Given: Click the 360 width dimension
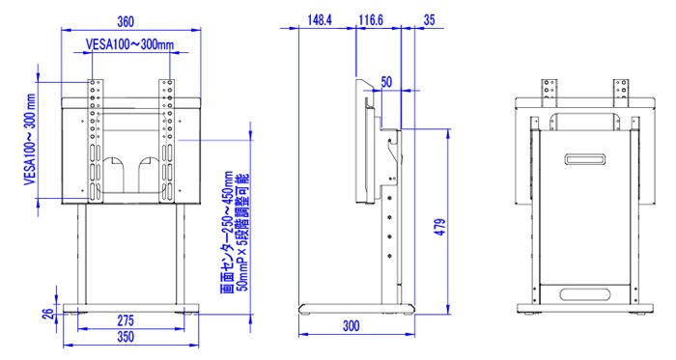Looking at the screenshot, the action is (x=126, y=21).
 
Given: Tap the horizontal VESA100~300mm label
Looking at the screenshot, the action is (x=129, y=44).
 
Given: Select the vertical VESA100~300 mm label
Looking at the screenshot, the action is (x=30, y=140).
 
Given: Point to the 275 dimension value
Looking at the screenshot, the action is (x=126, y=320).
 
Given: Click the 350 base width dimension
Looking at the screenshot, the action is (x=126, y=337).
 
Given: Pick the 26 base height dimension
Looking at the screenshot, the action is (x=50, y=313).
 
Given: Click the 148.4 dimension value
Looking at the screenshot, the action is (x=320, y=20).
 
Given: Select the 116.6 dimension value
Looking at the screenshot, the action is (x=371, y=20).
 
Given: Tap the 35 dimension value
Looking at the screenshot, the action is (x=430, y=20).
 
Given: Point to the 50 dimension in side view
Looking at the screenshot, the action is (x=386, y=82).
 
